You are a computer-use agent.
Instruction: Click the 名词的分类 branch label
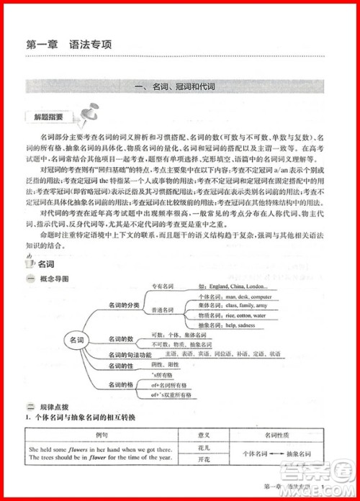pos(124,305)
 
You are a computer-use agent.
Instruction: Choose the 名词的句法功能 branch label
pos(130,355)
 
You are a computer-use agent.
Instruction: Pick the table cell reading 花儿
pos(203,447)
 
